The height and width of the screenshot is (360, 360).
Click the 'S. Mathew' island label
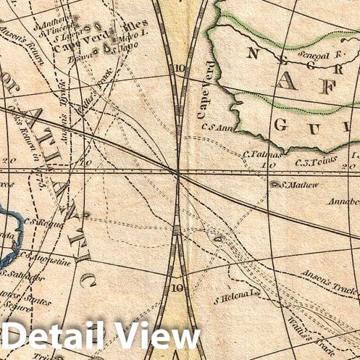[288, 184]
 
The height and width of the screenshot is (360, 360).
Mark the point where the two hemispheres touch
[177, 172]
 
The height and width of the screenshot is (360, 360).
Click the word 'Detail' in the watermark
[54, 338]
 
